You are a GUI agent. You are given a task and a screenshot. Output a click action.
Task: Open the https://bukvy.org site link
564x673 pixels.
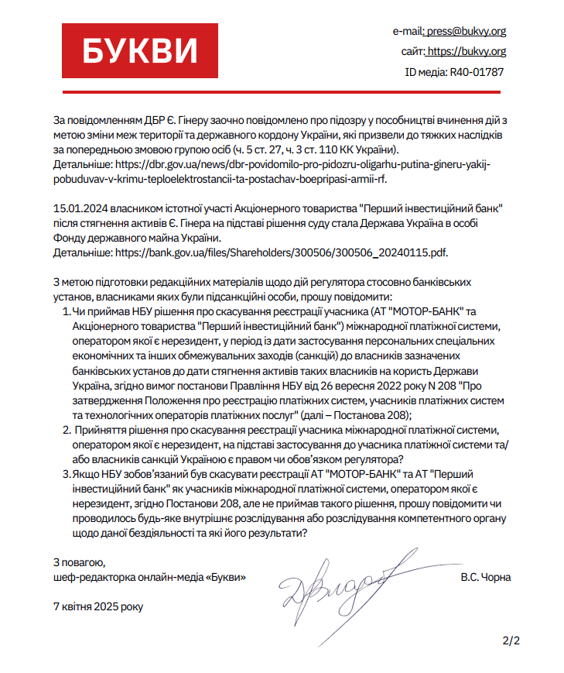click(x=467, y=52)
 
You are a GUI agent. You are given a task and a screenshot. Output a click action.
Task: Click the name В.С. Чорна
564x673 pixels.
click(x=485, y=578)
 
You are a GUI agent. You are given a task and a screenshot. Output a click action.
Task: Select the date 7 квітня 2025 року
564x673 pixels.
click(x=98, y=606)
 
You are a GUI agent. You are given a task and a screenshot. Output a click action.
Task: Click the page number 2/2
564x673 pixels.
click(x=511, y=640)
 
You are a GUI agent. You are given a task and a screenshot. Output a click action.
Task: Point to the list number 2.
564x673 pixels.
click(x=64, y=429)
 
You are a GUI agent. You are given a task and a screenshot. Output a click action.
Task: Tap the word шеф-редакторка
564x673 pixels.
click(x=90, y=577)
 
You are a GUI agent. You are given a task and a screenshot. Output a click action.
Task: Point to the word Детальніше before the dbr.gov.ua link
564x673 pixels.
click(x=82, y=165)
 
